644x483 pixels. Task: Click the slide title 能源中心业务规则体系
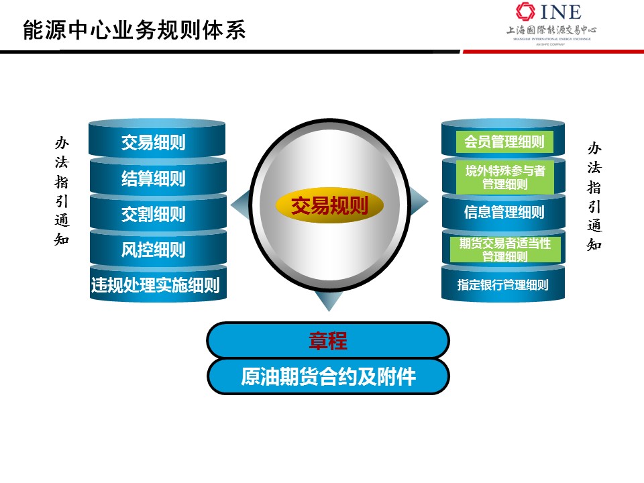(134, 30)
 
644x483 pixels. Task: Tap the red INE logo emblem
(525, 11)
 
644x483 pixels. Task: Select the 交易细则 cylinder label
(153, 142)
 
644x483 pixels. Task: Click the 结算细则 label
(153, 178)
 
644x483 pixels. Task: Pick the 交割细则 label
(153, 214)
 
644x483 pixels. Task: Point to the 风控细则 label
(153, 250)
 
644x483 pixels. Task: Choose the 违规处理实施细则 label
(155, 284)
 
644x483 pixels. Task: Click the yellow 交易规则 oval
(329, 206)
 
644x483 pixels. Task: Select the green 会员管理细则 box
(504, 142)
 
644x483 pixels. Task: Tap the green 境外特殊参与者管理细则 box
(504, 177)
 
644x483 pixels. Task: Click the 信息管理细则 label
(504, 212)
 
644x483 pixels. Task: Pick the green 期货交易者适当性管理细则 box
(505, 250)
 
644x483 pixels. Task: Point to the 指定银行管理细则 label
(503, 284)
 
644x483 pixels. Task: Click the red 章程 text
(328, 341)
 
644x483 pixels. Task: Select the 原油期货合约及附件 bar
(328, 376)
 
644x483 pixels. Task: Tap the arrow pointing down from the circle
(329, 301)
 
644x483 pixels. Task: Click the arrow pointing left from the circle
(240, 205)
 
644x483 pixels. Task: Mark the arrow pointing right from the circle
(419, 201)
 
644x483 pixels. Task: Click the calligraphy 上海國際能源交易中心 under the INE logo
(551, 30)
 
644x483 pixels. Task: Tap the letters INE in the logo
(561, 11)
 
